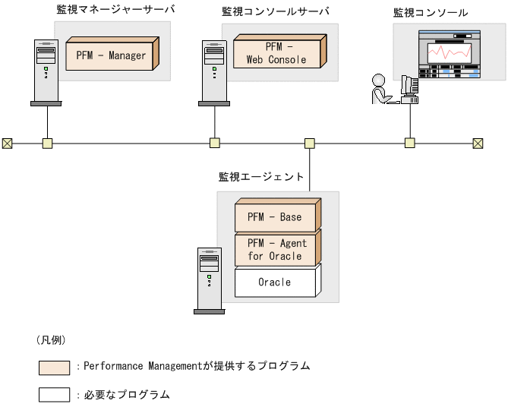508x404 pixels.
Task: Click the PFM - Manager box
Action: pos(111,55)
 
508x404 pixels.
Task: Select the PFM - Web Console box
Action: pos(276,54)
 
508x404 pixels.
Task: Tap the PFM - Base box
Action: pos(274,216)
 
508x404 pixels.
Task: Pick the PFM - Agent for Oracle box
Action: pos(274,249)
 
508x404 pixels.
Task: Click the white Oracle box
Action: pos(274,282)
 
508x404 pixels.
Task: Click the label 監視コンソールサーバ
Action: pos(275,12)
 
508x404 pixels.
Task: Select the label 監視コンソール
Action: pos(431,13)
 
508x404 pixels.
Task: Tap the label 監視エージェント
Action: pos(261,177)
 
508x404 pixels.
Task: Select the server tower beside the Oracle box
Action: pos(210,279)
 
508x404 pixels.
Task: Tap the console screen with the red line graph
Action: pos(449,54)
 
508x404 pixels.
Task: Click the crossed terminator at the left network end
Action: pos(8,142)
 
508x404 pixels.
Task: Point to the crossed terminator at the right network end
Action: pos(478,142)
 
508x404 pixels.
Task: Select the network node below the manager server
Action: pos(47,142)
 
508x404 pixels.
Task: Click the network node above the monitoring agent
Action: pos(309,142)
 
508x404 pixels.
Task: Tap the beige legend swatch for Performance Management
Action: pos(54,368)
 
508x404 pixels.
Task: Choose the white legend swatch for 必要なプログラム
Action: pos(54,394)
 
